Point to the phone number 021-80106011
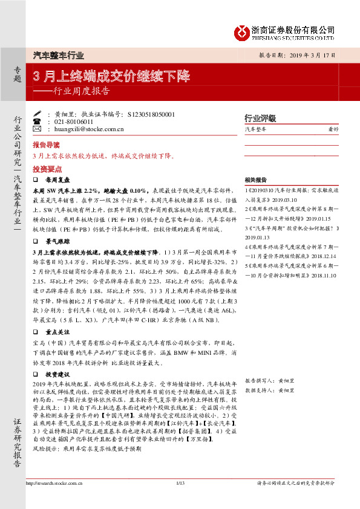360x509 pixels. pos(74,121)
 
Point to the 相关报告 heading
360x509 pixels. pos(256,180)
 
